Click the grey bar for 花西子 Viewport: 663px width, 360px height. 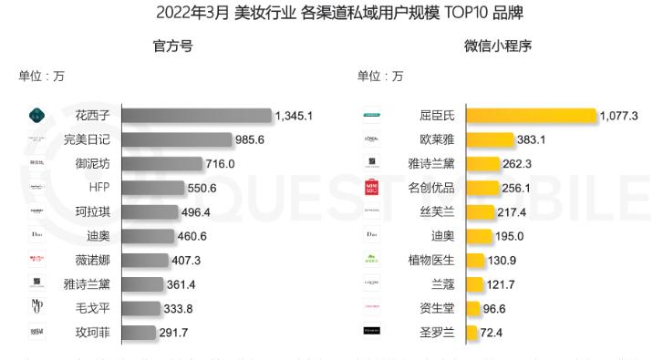(x=196, y=116)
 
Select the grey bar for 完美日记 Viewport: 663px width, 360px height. (x=177, y=139)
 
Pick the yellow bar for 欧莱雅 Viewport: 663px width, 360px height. (x=489, y=139)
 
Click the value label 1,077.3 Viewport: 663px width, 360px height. (x=618, y=116)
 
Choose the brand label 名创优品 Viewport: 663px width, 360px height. (x=430, y=188)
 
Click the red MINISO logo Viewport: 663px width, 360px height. (x=372, y=188)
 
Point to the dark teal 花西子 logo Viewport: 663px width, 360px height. (x=37, y=116)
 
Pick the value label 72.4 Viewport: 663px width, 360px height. (x=493, y=333)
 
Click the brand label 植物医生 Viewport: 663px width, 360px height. (x=430, y=260)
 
